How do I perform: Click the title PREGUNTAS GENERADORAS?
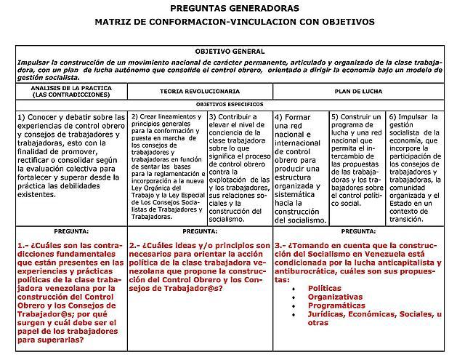[x=234, y=8]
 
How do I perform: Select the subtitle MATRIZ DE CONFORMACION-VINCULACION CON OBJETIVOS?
[x=235, y=23]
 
